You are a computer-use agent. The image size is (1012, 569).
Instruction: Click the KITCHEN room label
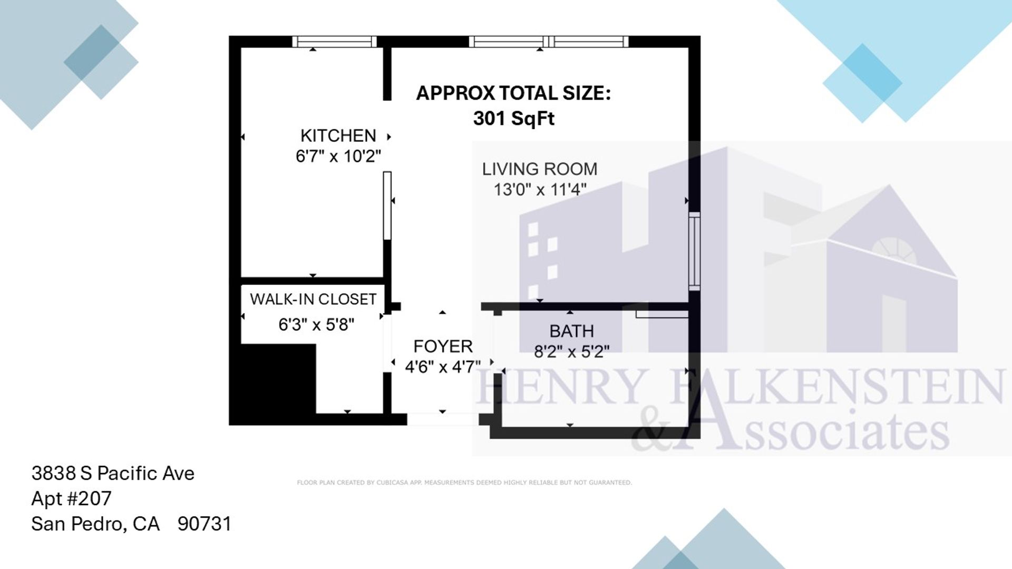click(338, 136)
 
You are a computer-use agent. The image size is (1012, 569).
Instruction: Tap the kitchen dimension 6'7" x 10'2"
click(338, 156)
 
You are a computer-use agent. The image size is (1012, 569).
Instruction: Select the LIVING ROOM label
click(540, 169)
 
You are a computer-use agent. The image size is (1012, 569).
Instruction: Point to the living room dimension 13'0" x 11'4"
click(540, 190)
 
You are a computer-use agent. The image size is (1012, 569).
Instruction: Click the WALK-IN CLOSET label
click(313, 299)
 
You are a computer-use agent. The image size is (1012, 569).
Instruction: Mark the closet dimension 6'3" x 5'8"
click(316, 325)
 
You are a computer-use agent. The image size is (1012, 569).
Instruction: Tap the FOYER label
click(443, 347)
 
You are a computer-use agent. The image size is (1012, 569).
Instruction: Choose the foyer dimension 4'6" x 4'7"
click(443, 367)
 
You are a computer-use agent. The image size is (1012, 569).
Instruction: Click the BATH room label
click(571, 331)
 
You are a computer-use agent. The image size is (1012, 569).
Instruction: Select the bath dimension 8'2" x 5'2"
click(571, 351)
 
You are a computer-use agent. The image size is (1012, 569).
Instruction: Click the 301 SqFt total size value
click(514, 119)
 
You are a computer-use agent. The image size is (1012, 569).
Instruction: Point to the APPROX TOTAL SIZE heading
click(514, 93)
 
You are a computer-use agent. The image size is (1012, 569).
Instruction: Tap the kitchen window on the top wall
click(334, 42)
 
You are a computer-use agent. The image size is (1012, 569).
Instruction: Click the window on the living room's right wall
click(695, 251)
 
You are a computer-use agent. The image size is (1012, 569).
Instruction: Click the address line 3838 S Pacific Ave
click(113, 474)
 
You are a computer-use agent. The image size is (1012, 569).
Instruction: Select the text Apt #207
click(71, 499)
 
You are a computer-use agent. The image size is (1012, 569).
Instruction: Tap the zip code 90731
click(205, 524)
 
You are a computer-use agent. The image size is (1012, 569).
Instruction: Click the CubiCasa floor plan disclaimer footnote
click(464, 483)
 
